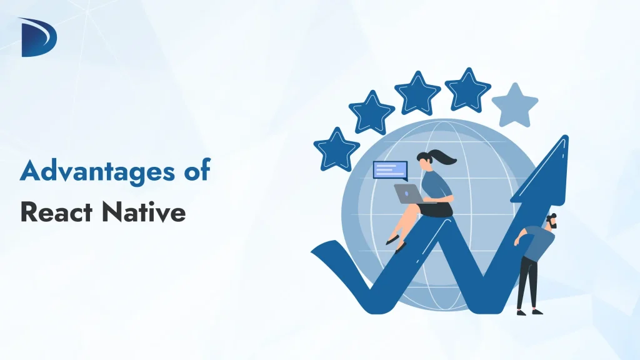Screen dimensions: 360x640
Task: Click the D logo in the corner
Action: coord(39,37)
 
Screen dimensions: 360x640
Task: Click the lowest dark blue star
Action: coord(336,149)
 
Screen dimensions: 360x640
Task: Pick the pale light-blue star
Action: coord(514,104)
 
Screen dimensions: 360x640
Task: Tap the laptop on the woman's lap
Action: coord(406,194)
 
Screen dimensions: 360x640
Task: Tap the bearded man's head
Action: coord(550,221)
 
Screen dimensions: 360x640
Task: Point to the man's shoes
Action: coord(528,311)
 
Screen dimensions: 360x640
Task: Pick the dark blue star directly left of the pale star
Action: coord(467,89)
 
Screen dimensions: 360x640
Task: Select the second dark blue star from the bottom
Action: coord(371,112)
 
